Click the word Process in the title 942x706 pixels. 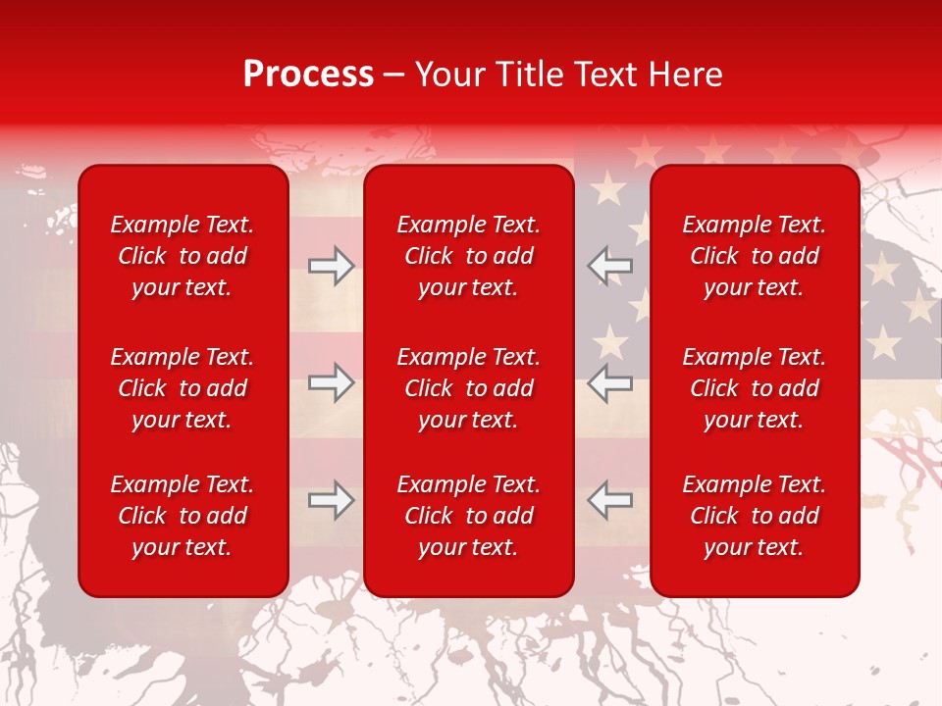tap(308, 75)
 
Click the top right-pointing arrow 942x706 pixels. tap(331, 266)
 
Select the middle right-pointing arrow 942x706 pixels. tap(331, 382)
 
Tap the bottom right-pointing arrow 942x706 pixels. tap(331, 500)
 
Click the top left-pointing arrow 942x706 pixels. tap(610, 266)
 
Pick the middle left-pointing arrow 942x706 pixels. tap(610, 382)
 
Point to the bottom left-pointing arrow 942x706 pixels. tap(610, 500)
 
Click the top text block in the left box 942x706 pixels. tap(183, 256)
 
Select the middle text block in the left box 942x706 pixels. tap(183, 388)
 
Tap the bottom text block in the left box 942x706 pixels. tap(183, 516)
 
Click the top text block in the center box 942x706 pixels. tap(469, 256)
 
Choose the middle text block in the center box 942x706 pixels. tap(469, 388)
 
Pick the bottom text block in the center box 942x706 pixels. tap(469, 516)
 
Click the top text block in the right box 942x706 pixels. tap(755, 256)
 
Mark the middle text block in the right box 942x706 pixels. tap(755, 388)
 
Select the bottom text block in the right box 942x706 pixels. tap(755, 516)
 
